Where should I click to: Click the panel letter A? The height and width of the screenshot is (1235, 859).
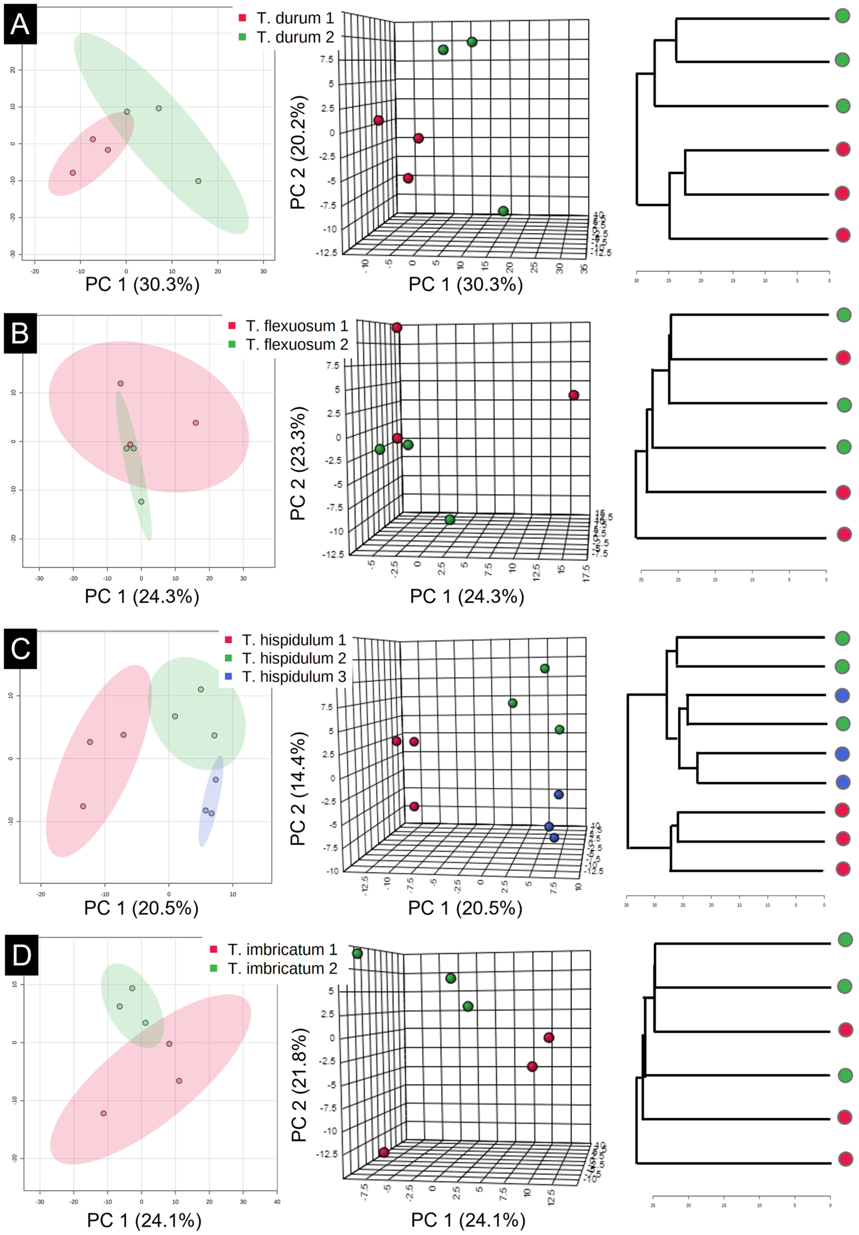coord(20,24)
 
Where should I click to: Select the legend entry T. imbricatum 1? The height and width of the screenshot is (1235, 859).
coord(282,949)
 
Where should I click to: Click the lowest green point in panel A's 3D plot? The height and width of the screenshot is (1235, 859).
coord(503,211)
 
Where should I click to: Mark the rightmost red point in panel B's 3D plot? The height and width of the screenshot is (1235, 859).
coord(574,395)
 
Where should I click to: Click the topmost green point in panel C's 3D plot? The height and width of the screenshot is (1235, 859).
coord(544,669)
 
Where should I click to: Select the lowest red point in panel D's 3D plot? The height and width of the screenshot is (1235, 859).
coord(384,1152)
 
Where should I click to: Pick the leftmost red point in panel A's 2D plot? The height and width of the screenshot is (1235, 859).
coord(73,173)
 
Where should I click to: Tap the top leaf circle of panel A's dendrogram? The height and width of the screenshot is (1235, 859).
coord(842,16)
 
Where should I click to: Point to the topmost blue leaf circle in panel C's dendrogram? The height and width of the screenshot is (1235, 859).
coord(842,695)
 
